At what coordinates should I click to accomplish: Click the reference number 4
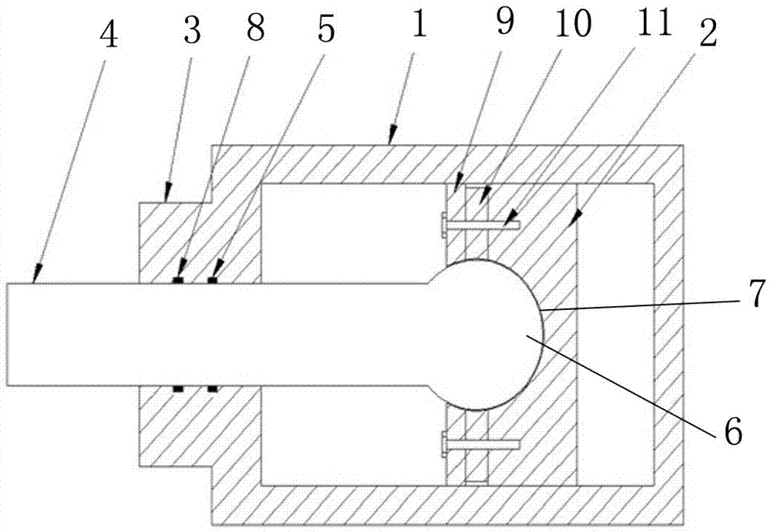coord(109,36)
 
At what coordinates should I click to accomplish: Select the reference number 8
coord(255,28)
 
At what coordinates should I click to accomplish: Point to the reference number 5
coord(326,29)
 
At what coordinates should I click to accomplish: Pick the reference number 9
coord(505,22)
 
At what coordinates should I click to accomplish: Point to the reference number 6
coord(733,433)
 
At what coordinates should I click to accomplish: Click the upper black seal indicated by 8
coord(177,280)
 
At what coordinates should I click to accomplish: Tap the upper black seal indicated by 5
coord(213,280)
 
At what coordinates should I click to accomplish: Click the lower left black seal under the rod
coord(177,389)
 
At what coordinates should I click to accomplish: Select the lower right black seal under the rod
coord(213,389)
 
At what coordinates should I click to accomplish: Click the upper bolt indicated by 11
coord(480,224)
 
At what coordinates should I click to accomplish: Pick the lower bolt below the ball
coord(480,444)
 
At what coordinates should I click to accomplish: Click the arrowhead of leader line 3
coord(168,193)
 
